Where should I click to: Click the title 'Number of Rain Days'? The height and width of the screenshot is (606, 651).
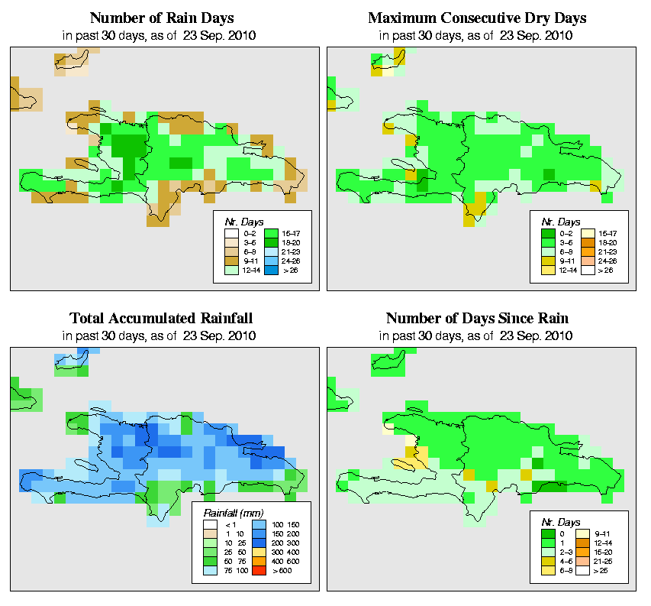[x=162, y=18]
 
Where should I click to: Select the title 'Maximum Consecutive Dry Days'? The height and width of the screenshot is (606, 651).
[x=479, y=18]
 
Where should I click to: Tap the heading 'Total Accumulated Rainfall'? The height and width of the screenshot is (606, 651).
[x=162, y=318]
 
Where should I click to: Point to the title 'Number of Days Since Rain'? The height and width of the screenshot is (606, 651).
[x=479, y=318]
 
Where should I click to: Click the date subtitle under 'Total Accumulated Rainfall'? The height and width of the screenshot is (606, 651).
[x=162, y=335]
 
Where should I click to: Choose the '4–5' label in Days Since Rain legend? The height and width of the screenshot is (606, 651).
[x=566, y=561]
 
